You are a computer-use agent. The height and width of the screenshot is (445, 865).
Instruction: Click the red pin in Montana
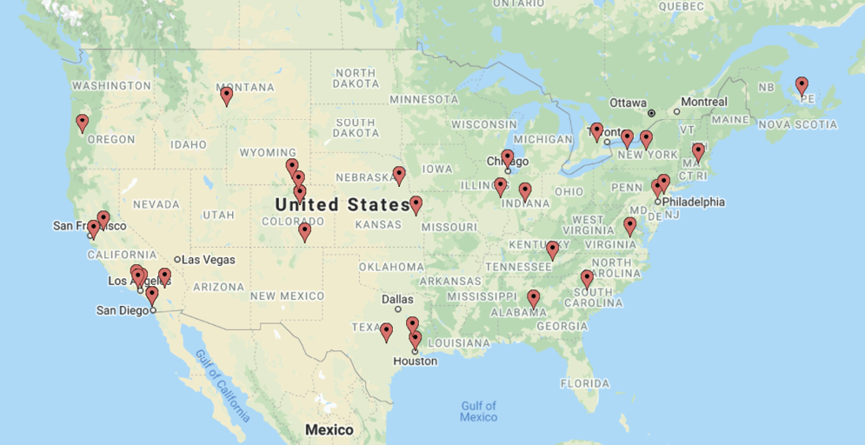226,95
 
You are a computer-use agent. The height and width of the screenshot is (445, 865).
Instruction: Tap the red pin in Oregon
83,123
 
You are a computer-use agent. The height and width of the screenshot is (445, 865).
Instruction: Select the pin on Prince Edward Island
802,84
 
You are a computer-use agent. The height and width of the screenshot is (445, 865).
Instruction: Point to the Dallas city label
397,299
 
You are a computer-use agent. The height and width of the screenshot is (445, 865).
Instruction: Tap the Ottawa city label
628,103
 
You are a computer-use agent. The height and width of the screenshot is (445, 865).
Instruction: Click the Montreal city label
703,102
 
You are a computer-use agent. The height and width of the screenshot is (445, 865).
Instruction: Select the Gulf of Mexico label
478,411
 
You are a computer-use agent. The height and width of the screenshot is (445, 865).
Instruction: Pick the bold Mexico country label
329,430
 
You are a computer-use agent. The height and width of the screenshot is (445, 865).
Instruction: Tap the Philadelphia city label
693,202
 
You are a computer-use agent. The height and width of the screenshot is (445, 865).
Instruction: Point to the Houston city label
415,361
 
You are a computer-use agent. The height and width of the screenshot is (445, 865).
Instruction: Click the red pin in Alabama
533,298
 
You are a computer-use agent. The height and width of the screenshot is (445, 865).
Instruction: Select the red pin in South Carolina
587,278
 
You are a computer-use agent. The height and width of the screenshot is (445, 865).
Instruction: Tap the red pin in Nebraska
399,175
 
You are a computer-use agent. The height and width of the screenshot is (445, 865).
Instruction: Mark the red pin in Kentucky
552,249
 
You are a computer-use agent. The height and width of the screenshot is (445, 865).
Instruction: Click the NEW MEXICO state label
287,296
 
